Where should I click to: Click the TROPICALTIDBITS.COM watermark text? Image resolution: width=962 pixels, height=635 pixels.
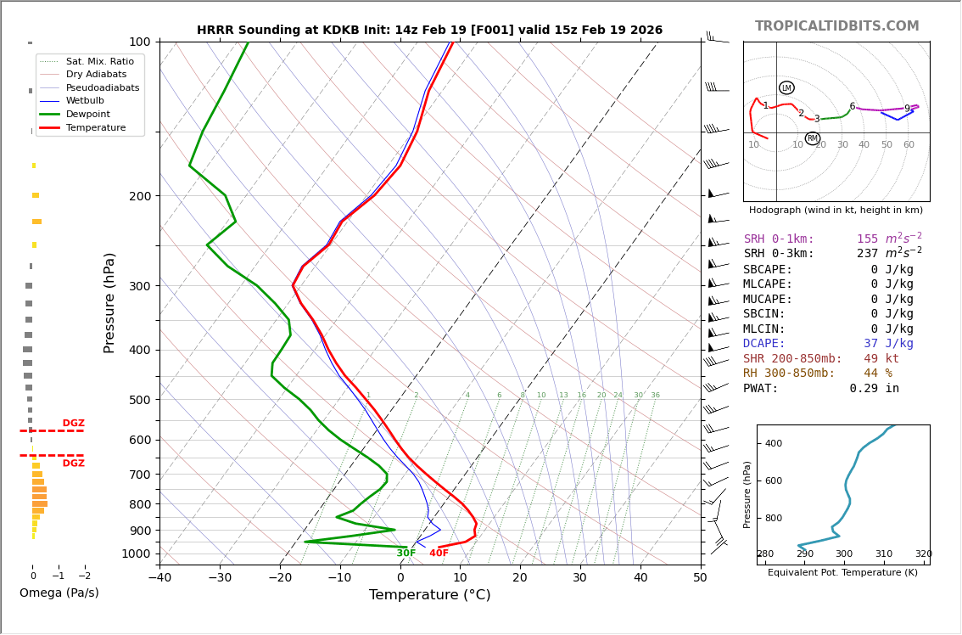click(x=836, y=26)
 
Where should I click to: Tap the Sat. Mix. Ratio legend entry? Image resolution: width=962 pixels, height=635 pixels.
click(x=99, y=62)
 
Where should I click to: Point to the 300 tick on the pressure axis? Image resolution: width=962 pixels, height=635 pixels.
click(x=138, y=286)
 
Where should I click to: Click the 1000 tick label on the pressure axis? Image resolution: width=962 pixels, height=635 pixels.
click(x=136, y=554)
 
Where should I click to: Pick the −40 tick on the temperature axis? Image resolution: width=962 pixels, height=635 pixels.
click(x=159, y=578)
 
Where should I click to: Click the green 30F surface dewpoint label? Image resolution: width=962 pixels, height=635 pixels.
click(x=406, y=554)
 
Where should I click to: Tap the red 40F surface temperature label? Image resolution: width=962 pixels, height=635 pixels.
click(x=439, y=554)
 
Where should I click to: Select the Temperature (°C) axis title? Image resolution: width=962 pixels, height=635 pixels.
click(x=429, y=596)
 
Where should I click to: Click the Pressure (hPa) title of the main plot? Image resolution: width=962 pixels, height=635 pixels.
click(x=110, y=302)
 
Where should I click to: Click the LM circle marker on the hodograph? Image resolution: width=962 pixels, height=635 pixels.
click(x=786, y=88)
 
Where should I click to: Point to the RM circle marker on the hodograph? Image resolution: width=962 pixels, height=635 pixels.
click(x=812, y=138)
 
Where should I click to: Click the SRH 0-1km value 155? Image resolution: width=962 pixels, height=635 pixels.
click(x=868, y=239)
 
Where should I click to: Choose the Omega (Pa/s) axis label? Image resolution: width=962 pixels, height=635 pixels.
click(x=59, y=593)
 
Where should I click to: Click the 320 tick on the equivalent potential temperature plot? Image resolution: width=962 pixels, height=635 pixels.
click(x=923, y=554)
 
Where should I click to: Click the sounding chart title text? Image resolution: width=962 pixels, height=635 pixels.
click(x=429, y=31)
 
